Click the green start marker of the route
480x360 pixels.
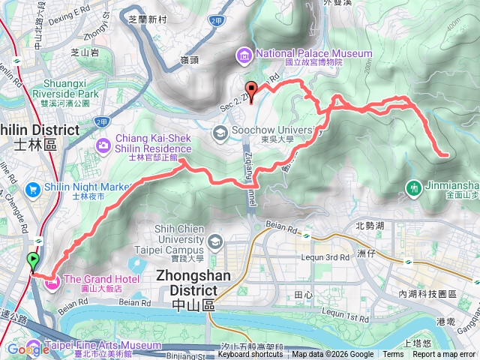tap(33, 261)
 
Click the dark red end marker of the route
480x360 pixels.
tap(251, 90)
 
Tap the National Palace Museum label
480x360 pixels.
tap(313, 53)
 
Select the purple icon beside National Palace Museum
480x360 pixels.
tap(244, 54)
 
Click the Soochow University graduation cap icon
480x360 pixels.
tap(220, 134)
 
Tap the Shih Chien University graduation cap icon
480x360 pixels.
tap(216, 241)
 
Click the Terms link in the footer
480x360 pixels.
tap(393, 355)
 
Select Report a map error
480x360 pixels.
tap(444, 355)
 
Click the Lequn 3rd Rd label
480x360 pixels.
tap(324, 257)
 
